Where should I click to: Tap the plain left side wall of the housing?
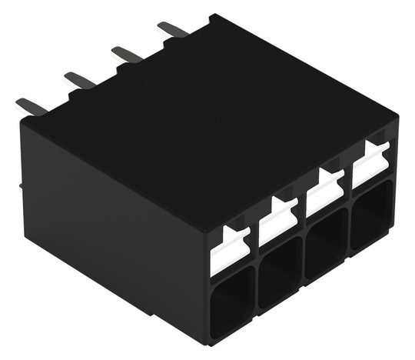(x=108, y=223)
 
